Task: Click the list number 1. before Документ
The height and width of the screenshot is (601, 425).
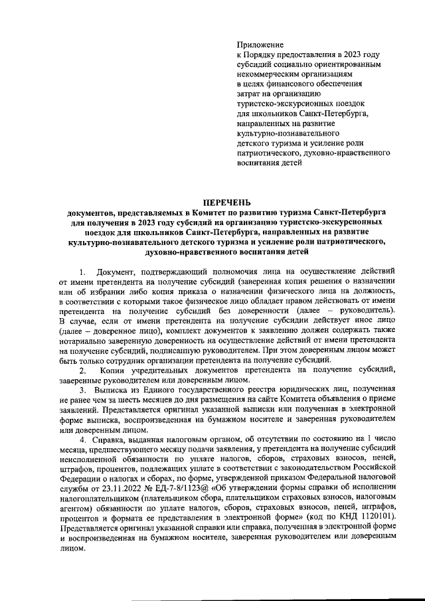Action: pos(82,272)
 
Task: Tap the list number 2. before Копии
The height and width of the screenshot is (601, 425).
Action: pos(82,369)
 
